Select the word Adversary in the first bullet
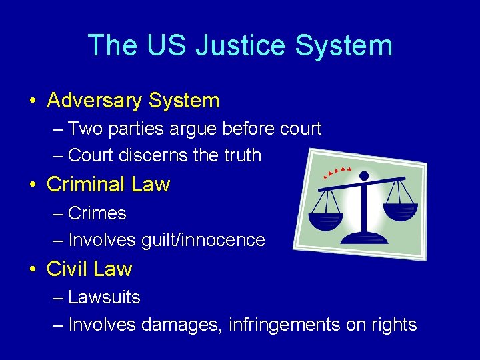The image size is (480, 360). click(95, 101)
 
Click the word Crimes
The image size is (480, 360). click(97, 213)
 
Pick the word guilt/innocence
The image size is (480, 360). click(203, 240)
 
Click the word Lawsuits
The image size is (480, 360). click(105, 297)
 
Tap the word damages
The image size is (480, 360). click(180, 325)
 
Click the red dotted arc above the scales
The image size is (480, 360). click(337, 172)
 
